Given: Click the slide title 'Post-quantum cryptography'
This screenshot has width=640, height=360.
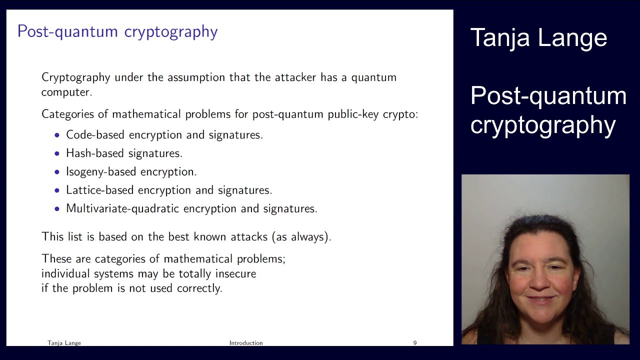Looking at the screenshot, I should [x=117, y=31].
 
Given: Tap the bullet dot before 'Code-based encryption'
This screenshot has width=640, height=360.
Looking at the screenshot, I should [x=57, y=135].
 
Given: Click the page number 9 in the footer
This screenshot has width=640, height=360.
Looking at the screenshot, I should [x=414, y=343].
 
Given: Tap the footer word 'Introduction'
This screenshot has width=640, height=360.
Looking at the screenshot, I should [x=246, y=343].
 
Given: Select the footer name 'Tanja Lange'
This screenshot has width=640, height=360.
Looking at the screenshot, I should [x=64, y=343].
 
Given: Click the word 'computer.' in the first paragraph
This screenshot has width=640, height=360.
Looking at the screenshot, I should [x=66, y=92].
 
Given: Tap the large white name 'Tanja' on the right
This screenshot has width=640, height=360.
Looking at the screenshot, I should [x=500, y=38].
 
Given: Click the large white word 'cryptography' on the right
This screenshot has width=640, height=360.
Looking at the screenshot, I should [x=543, y=124].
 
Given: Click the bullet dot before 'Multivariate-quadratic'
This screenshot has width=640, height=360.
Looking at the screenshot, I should [x=57, y=208].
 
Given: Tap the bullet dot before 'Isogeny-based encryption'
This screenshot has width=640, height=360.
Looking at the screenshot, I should [x=57, y=172].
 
